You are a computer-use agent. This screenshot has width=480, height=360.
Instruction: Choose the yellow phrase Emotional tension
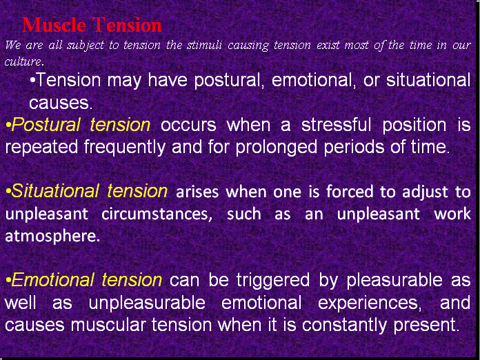[86, 280]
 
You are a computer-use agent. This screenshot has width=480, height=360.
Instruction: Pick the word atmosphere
[52, 235]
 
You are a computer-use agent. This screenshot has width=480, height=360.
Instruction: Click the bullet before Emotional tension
[8, 281]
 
